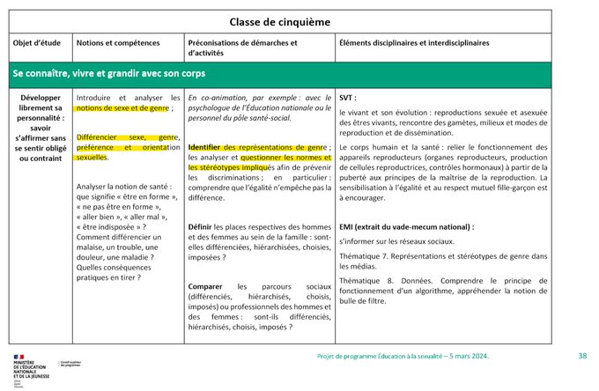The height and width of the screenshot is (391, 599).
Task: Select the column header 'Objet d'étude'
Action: point(37,42)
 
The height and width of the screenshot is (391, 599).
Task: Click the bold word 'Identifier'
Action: point(204,146)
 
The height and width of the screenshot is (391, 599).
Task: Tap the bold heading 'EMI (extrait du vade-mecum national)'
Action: point(406,226)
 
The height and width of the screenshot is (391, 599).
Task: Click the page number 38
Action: point(582,356)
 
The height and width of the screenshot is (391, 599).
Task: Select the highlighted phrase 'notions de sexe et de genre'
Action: point(122,108)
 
